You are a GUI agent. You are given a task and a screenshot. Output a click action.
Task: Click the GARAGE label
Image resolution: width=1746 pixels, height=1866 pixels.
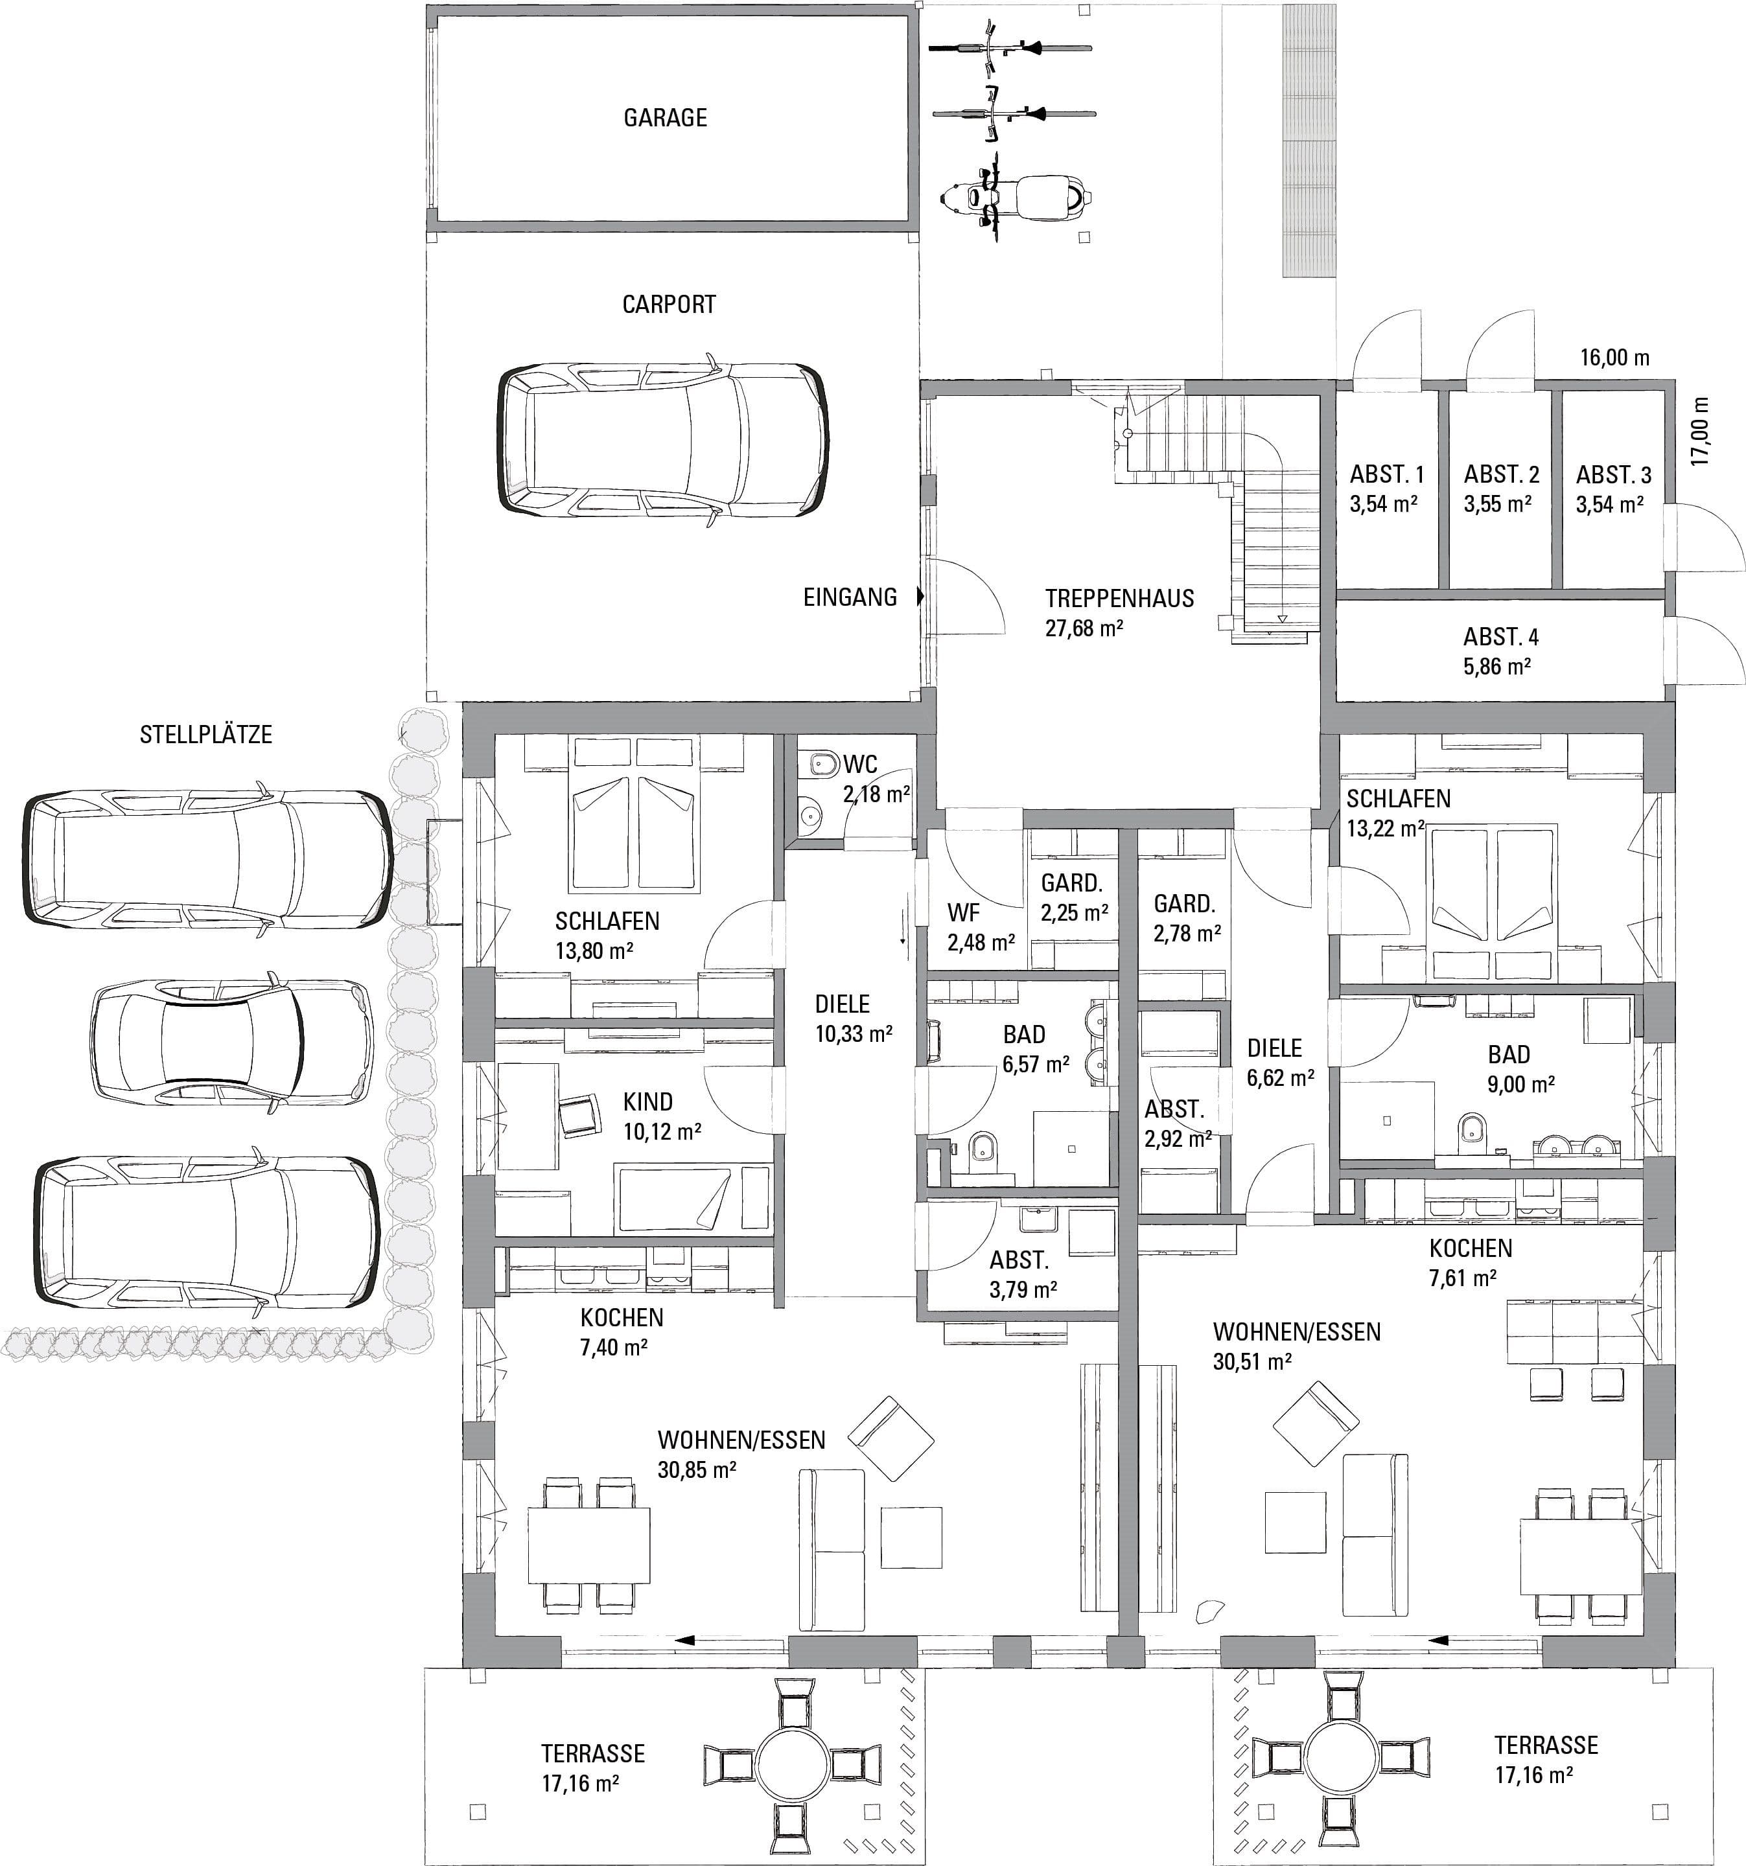(664, 117)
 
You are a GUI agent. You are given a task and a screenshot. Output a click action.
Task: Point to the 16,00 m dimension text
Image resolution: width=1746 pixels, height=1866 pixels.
(1614, 357)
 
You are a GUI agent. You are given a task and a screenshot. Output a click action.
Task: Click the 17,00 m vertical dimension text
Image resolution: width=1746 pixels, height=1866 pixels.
(1700, 432)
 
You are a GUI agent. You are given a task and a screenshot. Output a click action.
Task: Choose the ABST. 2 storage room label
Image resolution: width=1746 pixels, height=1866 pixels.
(1501, 474)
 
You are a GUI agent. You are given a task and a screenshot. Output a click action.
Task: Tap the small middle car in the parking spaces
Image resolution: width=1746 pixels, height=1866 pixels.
(232, 1042)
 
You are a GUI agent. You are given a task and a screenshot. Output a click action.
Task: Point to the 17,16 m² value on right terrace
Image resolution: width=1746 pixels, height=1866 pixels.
(1535, 1775)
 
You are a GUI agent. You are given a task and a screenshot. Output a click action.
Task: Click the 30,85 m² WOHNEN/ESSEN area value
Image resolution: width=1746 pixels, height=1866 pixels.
(697, 1469)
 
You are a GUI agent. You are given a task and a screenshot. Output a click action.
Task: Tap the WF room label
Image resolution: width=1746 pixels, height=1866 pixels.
(964, 912)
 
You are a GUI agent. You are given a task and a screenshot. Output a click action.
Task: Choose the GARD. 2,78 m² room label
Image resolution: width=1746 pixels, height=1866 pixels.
(1187, 918)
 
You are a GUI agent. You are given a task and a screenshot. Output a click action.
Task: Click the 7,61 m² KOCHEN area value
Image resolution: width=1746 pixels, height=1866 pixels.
(1463, 1278)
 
